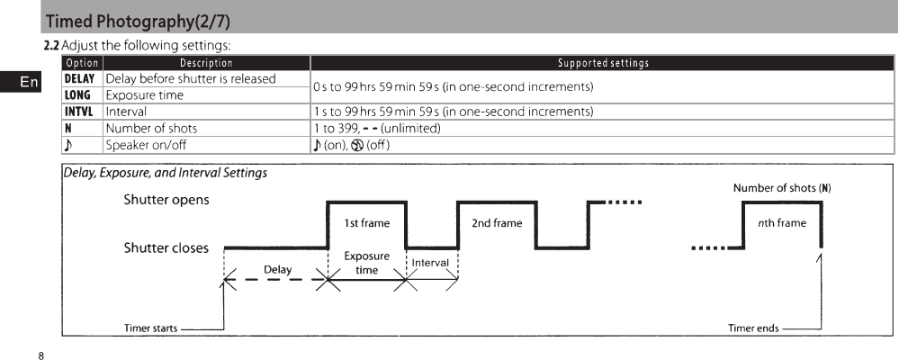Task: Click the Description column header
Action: click(x=206, y=63)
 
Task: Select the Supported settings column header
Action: click(x=602, y=63)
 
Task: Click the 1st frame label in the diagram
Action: click(x=366, y=223)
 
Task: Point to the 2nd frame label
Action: click(x=497, y=223)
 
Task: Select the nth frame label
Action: click(x=781, y=223)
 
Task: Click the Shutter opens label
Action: click(x=166, y=200)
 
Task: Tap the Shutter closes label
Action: click(x=166, y=247)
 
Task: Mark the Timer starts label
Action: click(x=150, y=328)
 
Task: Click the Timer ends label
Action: click(x=753, y=328)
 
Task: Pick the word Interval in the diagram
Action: click(x=430, y=262)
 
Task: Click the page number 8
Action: click(x=41, y=355)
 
